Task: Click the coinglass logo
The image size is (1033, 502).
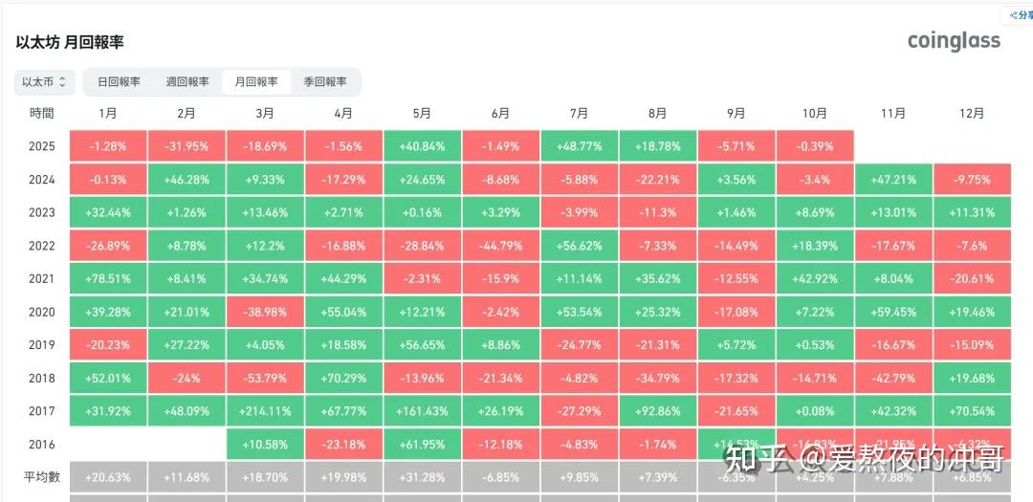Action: point(954,40)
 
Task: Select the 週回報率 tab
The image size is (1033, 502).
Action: point(187,82)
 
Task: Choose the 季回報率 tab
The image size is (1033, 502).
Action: point(325,82)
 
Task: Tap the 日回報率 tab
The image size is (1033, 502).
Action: point(119,82)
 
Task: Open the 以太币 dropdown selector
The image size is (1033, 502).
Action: point(45,82)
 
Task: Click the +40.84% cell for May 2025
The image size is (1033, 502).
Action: point(422,146)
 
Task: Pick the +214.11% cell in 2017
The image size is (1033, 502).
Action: point(265,411)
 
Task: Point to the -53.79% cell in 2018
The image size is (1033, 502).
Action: point(265,378)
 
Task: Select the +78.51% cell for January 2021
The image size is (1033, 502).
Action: point(108,279)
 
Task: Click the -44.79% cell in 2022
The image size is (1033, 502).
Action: point(500,246)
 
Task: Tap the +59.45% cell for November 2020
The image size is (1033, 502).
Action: point(892,312)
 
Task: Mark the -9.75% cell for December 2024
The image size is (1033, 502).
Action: point(972,179)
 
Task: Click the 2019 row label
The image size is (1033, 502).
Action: point(42,345)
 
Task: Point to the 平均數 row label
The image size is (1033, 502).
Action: point(42,477)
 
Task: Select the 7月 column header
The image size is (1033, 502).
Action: point(579,113)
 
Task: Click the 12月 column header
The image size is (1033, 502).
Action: point(972,113)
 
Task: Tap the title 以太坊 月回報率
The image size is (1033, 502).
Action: point(70,43)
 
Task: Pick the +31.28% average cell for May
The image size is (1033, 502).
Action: point(422,477)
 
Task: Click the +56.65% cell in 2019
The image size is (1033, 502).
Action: point(422,345)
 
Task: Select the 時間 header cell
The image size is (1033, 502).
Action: point(42,113)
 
